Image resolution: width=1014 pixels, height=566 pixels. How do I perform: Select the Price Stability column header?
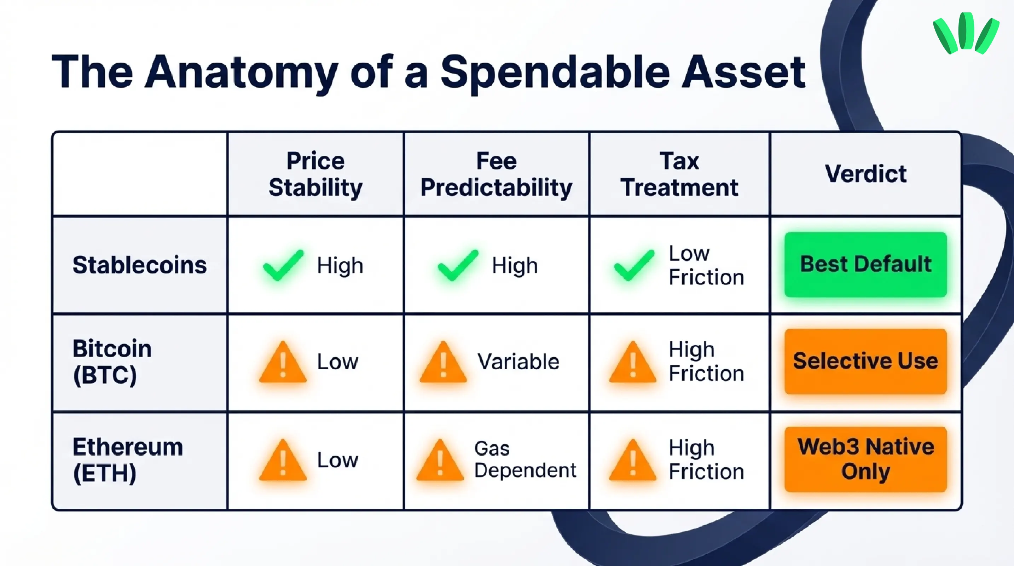(x=315, y=174)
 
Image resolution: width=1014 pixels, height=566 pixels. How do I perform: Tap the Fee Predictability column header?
(x=496, y=174)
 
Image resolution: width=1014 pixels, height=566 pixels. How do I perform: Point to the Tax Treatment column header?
(x=679, y=174)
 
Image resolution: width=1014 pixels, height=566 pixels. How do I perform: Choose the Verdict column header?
(x=865, y=174)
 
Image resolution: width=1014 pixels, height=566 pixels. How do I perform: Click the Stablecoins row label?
(x=139, y=265)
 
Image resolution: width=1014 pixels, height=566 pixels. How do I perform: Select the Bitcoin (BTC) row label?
(x=112, y=361)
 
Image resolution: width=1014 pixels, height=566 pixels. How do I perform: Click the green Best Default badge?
(x=865, y=264)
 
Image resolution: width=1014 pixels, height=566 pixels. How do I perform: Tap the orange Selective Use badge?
(x=865, y=361)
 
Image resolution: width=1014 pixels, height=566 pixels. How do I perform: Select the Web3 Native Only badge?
(x=865, y=459)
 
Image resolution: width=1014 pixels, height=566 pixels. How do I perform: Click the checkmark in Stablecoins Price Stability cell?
(x=283, y=265)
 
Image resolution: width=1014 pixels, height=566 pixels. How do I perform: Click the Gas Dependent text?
(x=525, y=459)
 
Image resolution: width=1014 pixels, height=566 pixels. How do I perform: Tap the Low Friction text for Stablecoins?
(x=706, y=265)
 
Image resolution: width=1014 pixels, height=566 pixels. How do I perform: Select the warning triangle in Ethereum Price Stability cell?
(x=283, y=461)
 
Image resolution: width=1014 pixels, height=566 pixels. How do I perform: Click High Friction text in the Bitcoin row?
(x=706, y=361)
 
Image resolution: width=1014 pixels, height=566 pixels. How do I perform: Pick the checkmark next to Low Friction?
(x=634, y=265)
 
